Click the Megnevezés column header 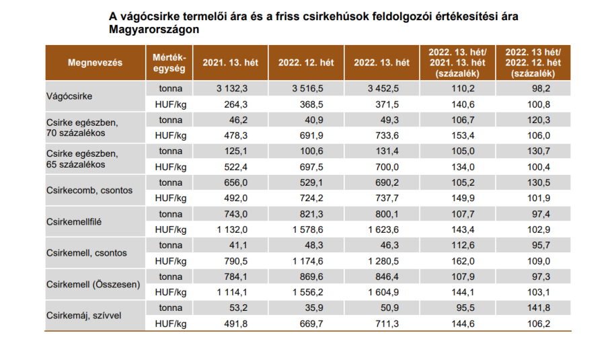(95, 63)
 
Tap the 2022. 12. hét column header (306, 63)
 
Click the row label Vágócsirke (70, 96)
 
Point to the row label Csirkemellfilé (79, 221)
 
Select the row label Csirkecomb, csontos (89, 190)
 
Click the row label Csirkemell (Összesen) (93, 284)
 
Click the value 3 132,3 (233, 88)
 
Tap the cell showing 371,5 (387, 104)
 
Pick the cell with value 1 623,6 (382, 229)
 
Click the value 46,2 (237, 120)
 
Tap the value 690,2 (387, 182)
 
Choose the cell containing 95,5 (468, 307)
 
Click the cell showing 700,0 (387, 166)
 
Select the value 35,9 (314, 307)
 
